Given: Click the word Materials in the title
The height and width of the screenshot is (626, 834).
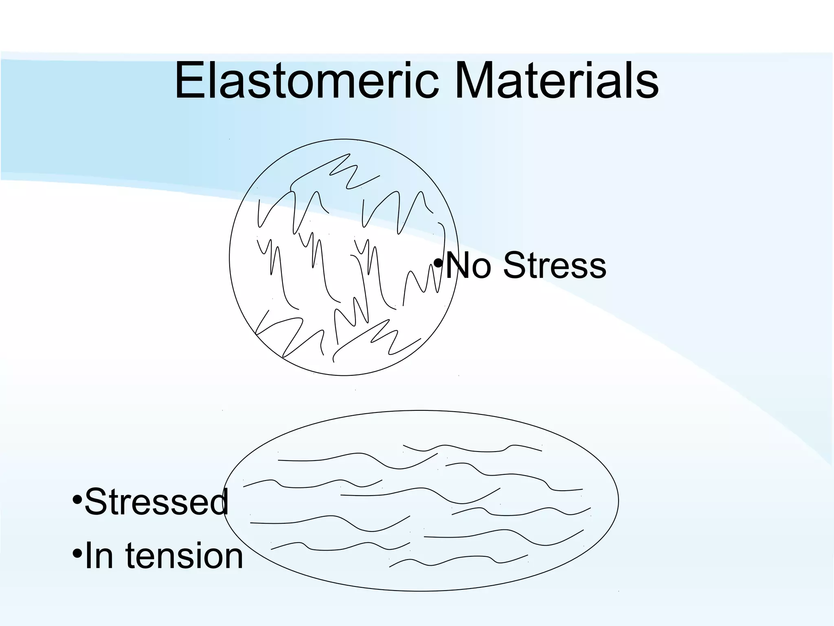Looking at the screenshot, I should point(556,82).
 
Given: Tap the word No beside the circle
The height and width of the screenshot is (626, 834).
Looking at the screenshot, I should point(468,266).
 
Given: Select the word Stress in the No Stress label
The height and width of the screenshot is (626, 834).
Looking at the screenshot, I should point(555,266).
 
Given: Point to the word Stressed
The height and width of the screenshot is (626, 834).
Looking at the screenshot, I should point(156,502).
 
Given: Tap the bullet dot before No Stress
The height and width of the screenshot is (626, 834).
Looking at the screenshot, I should point(438,263).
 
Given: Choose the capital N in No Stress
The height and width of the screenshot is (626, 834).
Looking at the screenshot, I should point(457,266).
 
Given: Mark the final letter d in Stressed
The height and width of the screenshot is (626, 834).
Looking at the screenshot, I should point(219,502).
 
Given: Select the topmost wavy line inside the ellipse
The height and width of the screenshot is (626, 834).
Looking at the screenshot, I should point(472,449).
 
